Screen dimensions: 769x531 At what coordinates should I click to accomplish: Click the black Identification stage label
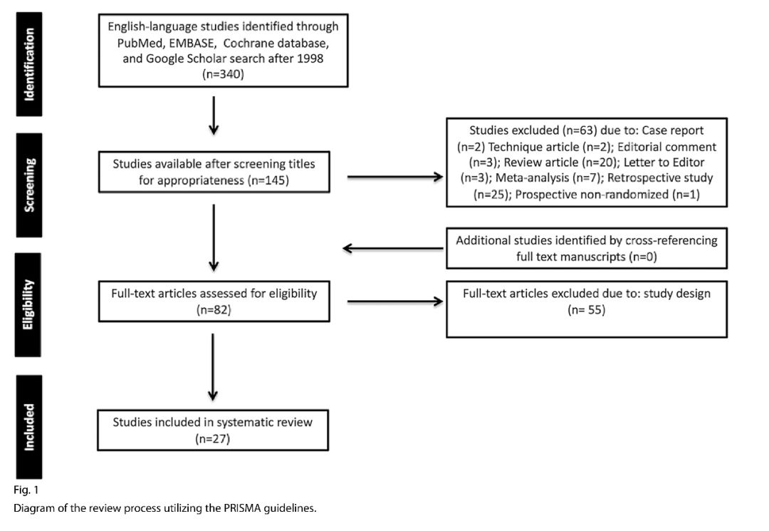pos(29,64)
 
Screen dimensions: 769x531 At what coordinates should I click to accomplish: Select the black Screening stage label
pos(29,185)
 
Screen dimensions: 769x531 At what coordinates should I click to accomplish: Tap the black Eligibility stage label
pos(28,305)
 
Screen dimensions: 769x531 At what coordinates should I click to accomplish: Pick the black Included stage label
pos(29,427)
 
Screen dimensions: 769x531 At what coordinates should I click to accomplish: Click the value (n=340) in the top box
pos(223,74)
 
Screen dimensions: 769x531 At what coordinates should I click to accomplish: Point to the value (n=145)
pos(268,180)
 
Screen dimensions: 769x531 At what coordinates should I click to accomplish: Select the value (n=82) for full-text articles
pos(214,309)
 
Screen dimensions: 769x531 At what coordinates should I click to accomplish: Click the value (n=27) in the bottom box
pos(212,438)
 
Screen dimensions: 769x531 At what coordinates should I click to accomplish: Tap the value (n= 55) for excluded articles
pos(587,309)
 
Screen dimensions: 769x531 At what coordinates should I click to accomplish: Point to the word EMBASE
pos(192,43)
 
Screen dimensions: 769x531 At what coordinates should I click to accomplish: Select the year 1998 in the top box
pos(310,58)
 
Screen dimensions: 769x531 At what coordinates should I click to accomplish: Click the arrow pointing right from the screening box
pos(395,177)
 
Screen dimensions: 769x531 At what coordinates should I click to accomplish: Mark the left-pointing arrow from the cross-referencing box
pos(393,248)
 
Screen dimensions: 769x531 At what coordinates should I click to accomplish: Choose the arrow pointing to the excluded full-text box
pos(395,301)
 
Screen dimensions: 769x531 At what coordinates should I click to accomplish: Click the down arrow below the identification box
pos(214,115)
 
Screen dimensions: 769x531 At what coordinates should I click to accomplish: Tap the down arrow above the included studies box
pos(213,367)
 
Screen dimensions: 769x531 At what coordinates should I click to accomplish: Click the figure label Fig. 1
pos(26,490)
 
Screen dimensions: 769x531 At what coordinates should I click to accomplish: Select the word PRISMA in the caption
pos(242,508)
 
